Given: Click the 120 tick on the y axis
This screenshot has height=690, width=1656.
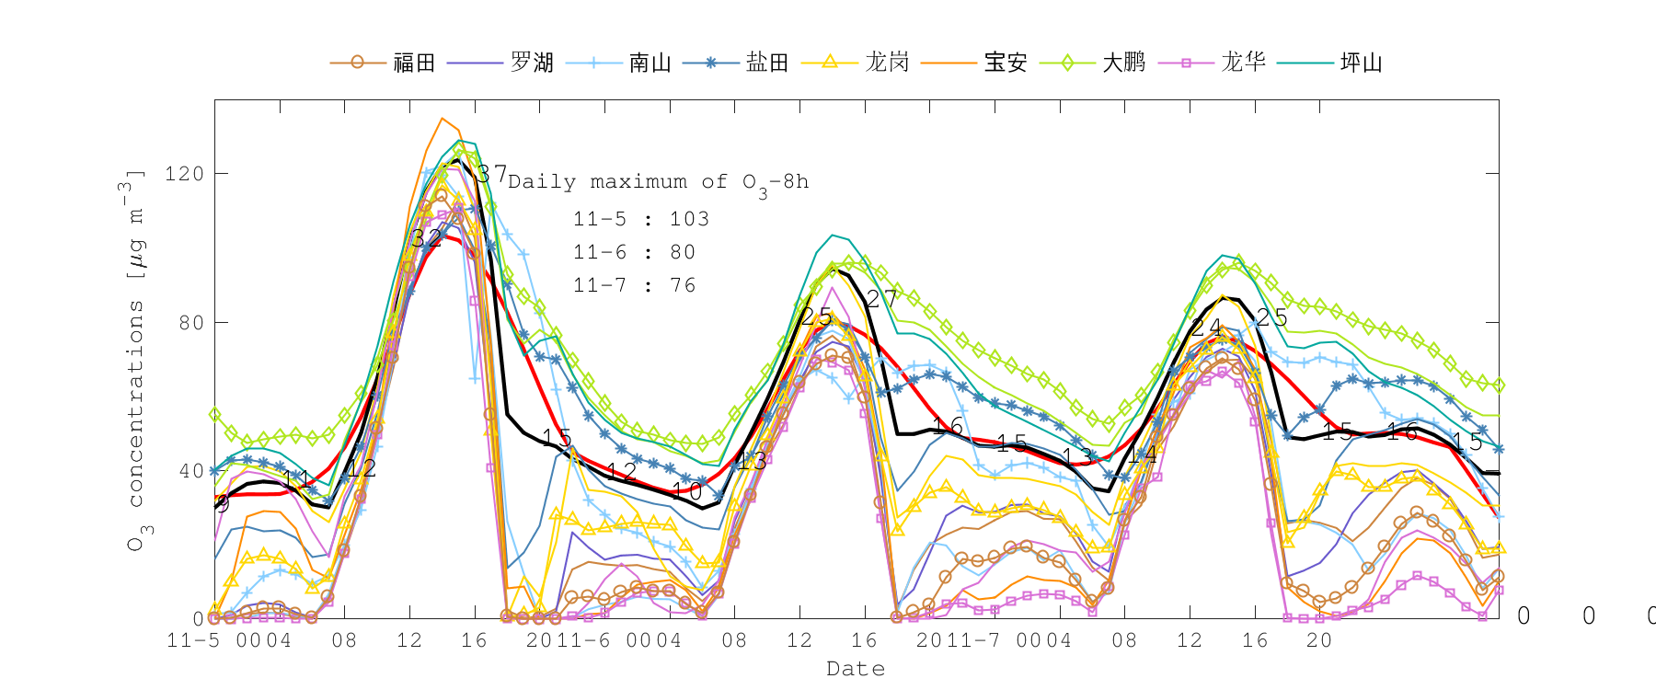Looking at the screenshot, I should pyautogui.click(x=183, y=174).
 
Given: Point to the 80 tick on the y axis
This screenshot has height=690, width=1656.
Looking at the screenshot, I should pyautogui.click(x=190, y=323).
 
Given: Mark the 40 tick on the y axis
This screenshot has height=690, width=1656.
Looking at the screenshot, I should pyautogui.click(x=190, y=471).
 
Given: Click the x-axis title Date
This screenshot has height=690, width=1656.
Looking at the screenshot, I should pyautogui.click(x=856, y=669).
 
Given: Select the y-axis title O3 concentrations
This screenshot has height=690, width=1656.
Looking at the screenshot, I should pyautogui.click(x=135, y=359).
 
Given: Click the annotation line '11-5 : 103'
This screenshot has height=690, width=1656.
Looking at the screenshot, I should pyautogui.click(x=641, y=219).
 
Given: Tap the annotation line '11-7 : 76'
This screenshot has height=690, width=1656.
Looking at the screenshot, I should pyautogui.click(x=634, y=285).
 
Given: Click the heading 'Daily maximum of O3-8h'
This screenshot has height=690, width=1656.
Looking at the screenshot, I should pyautogui.click(x=658, y=182).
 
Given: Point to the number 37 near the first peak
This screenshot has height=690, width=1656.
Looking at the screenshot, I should pyautogui.click(x=491, y=174).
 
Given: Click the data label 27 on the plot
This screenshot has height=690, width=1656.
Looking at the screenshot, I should pyautogui.click(x=881, y=298).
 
